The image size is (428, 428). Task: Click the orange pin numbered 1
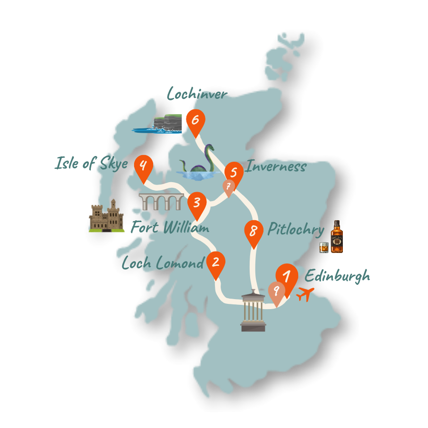[287, 276]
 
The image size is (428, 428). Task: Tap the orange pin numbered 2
[216, 263]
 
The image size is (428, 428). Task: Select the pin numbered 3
[196, 203]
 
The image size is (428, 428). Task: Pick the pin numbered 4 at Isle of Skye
[143, 166]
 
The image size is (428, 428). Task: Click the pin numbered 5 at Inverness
[234, 173]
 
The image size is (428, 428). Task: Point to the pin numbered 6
[195, 120]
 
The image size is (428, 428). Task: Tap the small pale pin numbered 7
[229, 186]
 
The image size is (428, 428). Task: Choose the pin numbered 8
[253, 232]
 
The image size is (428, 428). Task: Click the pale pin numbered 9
[276, 291]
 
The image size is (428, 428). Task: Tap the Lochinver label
[196, 94]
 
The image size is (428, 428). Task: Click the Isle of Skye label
[92, 164]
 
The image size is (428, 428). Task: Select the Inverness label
[276, 166]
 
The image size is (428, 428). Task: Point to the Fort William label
[170, 227]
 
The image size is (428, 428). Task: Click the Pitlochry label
[296, 230]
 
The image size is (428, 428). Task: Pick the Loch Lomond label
[163, 263]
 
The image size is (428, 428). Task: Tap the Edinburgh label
[337, 275]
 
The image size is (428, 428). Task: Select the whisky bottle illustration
[336, 237]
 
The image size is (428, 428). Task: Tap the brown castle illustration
[107, 216]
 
